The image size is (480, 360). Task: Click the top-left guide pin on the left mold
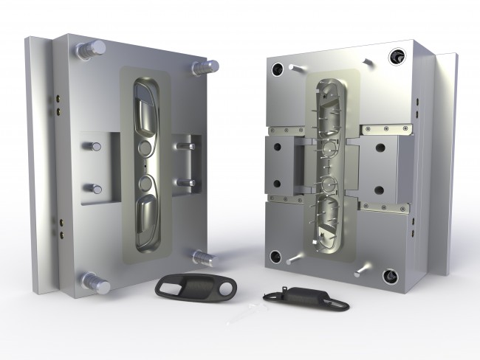(x=94, y=49)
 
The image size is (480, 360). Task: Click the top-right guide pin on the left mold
(x=203, y=67)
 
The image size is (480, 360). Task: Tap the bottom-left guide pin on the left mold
(x=96, y=280)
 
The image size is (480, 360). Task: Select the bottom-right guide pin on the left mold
(x=202, y=256)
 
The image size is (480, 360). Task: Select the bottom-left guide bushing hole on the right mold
(x=275, y=257)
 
